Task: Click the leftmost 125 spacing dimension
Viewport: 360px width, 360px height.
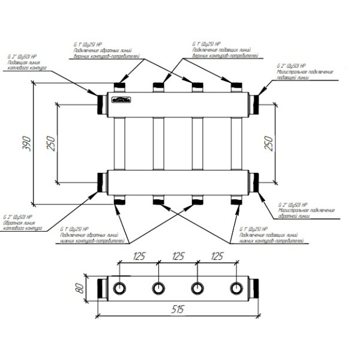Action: pyautogui.click(x=139, y=256)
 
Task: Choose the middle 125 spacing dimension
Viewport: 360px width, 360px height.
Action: pyautogui.click(x=178, y=256)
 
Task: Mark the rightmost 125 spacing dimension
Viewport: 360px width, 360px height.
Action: pyautogui.click(x=217, y=256)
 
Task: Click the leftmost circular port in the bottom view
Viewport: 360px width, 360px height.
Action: pyautogui.click(x=120, y=287)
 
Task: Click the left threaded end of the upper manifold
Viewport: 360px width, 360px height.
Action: pyautogui.click(x=98, y=103)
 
